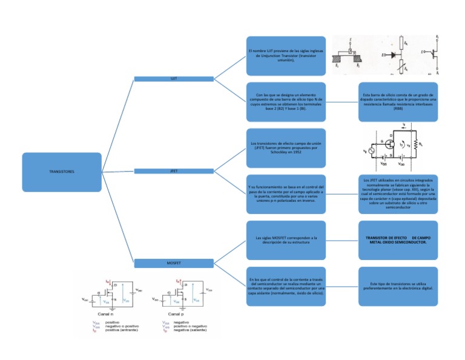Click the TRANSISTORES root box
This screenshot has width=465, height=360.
point(62,172)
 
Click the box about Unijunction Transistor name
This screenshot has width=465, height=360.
point(286,56)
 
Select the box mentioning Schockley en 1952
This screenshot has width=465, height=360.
point(286,147)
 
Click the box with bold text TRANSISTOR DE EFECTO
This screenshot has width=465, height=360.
point(398,240)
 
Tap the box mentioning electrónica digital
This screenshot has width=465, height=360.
point(398,286)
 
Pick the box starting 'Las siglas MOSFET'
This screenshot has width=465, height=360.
point(286,240)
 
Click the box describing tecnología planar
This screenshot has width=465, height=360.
point(398,194)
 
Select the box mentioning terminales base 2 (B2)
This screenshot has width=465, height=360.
point(286,102)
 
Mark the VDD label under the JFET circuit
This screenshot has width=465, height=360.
point(401,164)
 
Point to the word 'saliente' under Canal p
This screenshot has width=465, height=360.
point(199,330)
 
